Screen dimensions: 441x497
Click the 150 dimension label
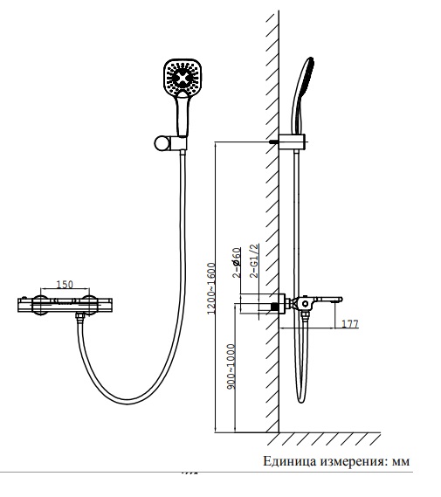tap(65, 285)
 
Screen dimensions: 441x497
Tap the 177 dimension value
tap(350, 324)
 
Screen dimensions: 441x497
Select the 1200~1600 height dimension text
tap(211, 288)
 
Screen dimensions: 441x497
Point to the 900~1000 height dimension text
tap(231, 366)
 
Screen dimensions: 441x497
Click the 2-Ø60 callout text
tap(237, 263)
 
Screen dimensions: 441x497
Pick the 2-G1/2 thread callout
tap(254, 260)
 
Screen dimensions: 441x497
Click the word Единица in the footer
tap(290, 461)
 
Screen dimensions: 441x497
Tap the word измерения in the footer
tap(354, 461)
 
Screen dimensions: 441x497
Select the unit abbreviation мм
tap(401, 462)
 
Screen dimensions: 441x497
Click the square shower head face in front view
tap(183, 77)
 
